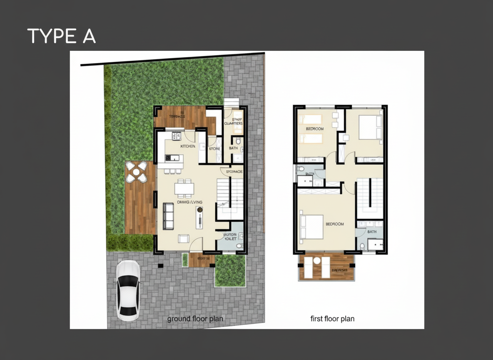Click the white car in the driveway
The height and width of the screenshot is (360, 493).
coord(128,290)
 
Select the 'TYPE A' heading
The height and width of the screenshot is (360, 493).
coord(61,36)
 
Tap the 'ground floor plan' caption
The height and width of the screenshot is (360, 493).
coord(195,319)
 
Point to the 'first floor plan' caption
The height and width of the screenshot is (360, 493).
coord(332,319)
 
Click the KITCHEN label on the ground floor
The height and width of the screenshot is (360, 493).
coord(188,147)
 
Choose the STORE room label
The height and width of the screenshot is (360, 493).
coord(214,149)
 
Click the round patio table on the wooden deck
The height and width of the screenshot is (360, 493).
coord(136,172)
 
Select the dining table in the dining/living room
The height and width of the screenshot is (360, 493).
coord(184,189)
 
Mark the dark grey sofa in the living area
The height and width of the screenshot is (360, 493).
coord(168,215)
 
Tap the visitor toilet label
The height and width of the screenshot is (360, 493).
coord(230,237)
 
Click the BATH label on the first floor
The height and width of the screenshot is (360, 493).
coord(371,232)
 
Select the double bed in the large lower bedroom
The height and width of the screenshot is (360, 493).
coord(312,226)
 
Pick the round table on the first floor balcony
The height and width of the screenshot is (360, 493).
coord(316,261)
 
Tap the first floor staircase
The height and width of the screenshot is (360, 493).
coord(370,196)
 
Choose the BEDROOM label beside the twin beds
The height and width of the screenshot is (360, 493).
coord(315,129)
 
